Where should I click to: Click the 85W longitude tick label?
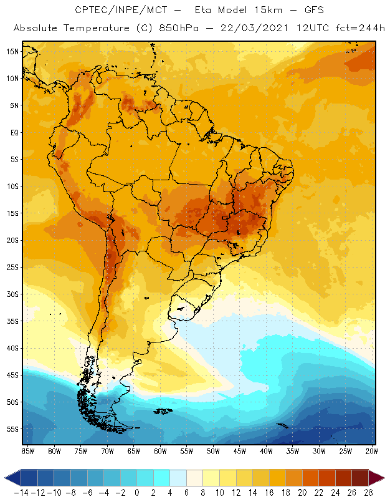tap(27, 451)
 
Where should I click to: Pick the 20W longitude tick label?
tap(371, 451)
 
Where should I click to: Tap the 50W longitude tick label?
tap(212, 451)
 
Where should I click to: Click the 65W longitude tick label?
tap(133, 451)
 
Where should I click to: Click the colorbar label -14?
tap(21, 492)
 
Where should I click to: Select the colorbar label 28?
tap(368, 492)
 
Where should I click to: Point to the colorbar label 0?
tap(137, 492)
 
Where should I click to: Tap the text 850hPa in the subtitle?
tap(185, 29)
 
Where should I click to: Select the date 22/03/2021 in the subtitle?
tap(249, 29)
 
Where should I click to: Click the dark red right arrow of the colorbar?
tap(376, 478)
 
